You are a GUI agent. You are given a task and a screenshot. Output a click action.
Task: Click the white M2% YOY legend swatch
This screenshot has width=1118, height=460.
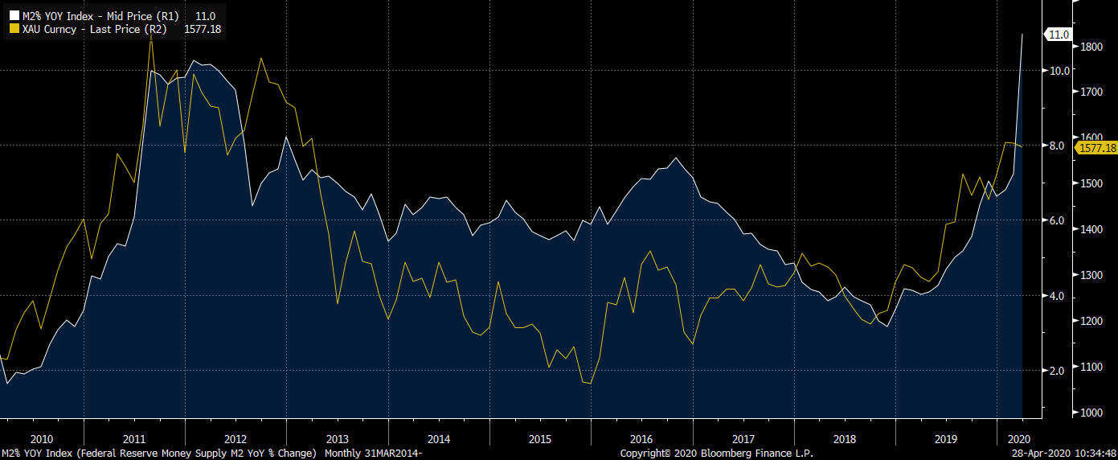pyautogui.click(x=14, y=16)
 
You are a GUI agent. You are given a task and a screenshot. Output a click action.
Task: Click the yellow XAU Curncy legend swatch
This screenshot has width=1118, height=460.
pyautogui.click(x=14, y=29)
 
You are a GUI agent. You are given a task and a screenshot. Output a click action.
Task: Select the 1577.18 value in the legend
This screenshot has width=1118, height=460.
pyautogui.click(x=203, y=29)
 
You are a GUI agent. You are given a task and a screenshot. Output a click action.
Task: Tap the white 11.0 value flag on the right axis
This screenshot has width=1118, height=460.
pyautogui.click(x=1058, y=35)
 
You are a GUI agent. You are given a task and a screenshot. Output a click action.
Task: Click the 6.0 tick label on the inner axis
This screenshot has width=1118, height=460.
pyautogui.click(x=1058, y=221)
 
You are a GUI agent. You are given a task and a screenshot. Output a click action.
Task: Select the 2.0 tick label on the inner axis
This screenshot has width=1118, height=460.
pyautogui.click(x=1058, y=371)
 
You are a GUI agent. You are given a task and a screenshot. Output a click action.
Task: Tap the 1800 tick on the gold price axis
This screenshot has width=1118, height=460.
pyautogui.click(x=1091, y=47)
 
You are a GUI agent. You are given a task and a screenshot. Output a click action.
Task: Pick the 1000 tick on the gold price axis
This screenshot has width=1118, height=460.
pyautogui.click(x=1091, y=413)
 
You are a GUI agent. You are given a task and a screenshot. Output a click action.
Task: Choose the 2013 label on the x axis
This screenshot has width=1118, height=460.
pyautogui.click(x=337, y=439)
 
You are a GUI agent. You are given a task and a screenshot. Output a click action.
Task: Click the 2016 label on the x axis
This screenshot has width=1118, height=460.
pyautogui.click(x=641, y=439)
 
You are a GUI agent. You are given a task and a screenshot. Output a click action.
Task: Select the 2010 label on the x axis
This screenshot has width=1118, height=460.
pyautogui.click(x=41, y=439)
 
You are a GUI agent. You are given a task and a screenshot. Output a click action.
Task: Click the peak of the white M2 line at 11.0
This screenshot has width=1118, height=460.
pyautogui.click(x=1022, y=35)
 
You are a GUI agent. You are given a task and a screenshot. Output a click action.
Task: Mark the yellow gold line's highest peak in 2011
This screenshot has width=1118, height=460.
pyautogui.click(x=151, y=35)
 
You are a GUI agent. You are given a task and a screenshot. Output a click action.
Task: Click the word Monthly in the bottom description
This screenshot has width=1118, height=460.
pyautogui.click(x=342, y=454)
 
